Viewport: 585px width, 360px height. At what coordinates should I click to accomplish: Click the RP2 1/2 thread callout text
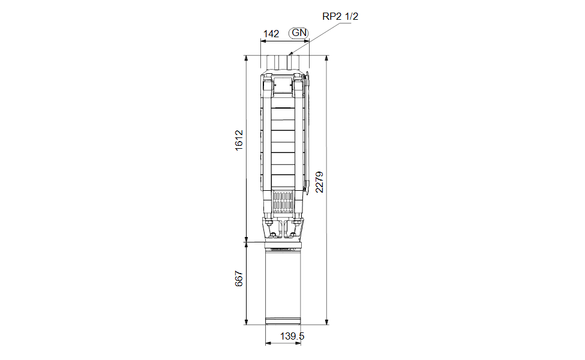tap(340, 16)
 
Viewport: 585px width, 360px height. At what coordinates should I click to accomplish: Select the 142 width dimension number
tap(271, 34)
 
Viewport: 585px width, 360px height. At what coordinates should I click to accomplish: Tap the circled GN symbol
tap(299, 33)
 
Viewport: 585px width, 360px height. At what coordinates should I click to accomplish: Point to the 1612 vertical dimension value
tap(239, 140)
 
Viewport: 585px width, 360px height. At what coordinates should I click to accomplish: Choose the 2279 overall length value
tap(319, 182)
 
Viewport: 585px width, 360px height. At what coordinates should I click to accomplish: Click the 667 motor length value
tap(239, 278)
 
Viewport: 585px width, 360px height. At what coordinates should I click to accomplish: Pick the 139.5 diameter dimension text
tap(292, 336)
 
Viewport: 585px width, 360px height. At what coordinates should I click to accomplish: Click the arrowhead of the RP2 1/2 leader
tap(291, 54)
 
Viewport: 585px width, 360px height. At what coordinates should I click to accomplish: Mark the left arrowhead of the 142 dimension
tap(263, 41)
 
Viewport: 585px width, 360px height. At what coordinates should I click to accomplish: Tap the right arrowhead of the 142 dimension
tap(307, 41)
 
